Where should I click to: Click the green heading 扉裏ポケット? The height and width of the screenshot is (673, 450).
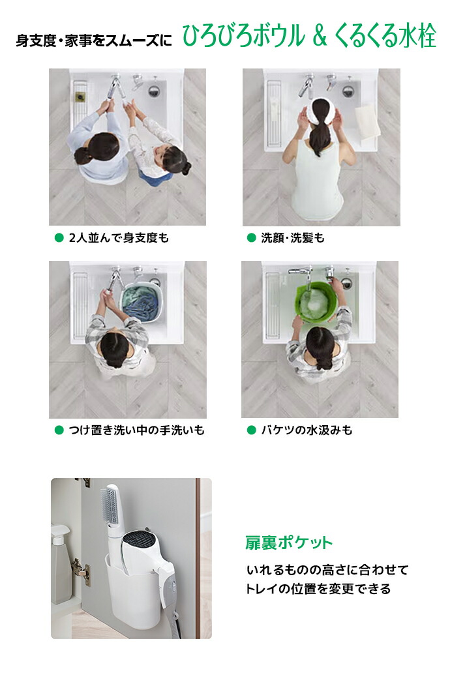[x=289, y=543]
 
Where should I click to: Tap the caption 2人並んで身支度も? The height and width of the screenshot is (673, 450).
[x=119, y=238]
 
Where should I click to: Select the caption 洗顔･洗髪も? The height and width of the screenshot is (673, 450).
[x=293, y=238]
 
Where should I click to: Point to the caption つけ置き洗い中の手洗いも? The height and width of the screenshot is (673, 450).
[x=137, y=430]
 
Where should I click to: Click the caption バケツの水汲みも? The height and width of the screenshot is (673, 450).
[x=307, y=430]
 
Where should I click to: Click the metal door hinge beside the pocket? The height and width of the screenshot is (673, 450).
[x=82, y=572]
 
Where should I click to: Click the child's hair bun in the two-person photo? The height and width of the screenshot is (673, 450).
[x=187, y=168]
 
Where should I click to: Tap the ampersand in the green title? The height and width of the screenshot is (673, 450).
[x=320, y=37]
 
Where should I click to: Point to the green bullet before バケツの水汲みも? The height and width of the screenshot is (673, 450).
[x=251, y=430]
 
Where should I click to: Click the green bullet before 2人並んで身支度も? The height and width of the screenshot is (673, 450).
[x=59, y=238]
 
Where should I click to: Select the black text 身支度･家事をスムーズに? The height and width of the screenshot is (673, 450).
[x=94, y=41]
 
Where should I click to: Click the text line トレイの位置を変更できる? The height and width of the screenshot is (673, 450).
[x=318, y=588]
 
